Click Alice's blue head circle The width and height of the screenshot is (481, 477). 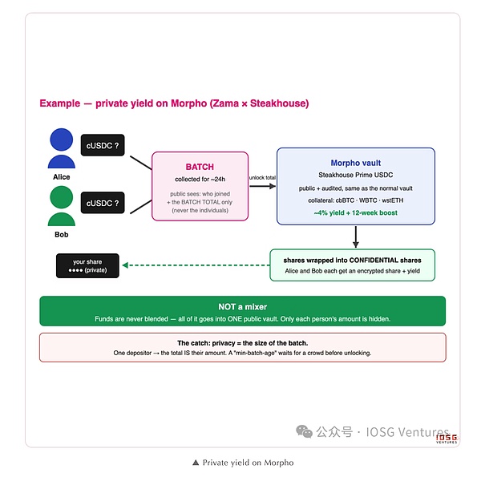62,139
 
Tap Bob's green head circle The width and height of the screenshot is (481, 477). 62,197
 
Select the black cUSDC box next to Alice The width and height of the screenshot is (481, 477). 103,145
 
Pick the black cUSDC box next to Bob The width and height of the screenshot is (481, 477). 103,203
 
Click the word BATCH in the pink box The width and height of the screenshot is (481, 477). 200,167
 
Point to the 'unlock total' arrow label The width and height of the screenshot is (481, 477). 262,178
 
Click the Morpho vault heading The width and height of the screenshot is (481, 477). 355,163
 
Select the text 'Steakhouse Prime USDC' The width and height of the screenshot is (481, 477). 355,175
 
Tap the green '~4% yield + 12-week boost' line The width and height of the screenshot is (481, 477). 355,212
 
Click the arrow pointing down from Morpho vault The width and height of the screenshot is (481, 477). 355,236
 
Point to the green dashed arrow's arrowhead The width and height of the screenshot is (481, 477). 125,265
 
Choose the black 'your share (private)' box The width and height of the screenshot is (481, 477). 87,265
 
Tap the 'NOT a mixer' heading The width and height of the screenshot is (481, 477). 243,307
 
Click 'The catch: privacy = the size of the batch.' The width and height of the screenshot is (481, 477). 243,343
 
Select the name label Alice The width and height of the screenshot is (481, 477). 62,177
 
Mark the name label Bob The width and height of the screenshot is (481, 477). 62,234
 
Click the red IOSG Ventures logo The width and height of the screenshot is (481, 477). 447,439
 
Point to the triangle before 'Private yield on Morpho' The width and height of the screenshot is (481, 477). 196,463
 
